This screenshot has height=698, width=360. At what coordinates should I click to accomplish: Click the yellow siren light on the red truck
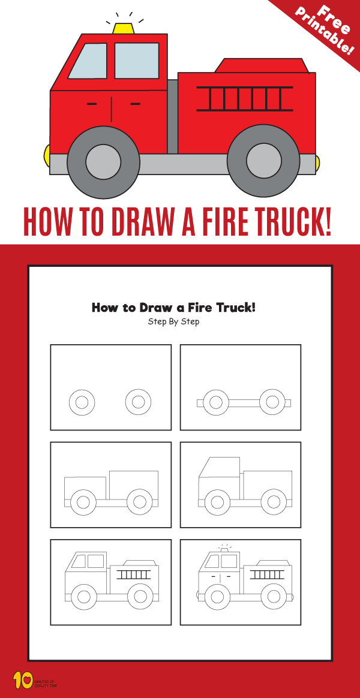(x=124, y=28)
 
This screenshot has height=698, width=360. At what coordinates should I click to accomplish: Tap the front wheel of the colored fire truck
(x=103, y=161)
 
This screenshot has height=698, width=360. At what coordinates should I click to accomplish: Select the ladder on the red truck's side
(x=245, y=99)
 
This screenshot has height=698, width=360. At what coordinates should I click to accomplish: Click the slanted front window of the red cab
(x=88, y=61)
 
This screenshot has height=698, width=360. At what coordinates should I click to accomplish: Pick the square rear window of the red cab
(x=137, y=61)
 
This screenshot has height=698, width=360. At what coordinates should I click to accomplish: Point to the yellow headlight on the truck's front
(x=46, y=156)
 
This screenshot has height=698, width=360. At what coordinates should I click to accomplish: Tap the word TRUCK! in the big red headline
(x=281, y=222)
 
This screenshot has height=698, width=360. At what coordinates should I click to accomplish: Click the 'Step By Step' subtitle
(x=173, y=322)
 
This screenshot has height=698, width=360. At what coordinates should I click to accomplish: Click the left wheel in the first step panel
(x=82, y=402)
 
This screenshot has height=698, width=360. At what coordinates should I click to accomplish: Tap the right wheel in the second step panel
(x=271, y=402)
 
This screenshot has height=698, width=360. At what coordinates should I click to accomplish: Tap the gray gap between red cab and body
(x=173, y=117)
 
